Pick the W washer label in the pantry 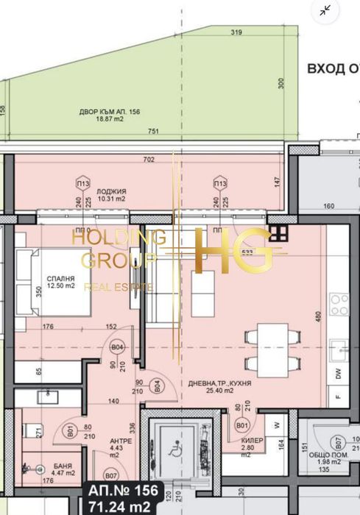[277, 425]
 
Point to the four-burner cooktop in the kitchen [339, 300]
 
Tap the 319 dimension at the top [236, 33]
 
